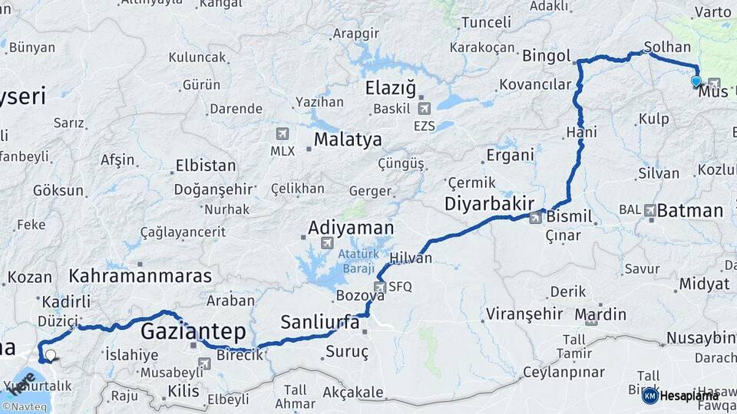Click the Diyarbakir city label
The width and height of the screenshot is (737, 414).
(489, 204)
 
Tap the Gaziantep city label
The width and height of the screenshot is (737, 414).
(193, 332)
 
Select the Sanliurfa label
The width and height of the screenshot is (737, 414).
(320, 322)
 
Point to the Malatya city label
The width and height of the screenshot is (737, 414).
(348, 140)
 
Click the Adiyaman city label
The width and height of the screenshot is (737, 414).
(351, 228)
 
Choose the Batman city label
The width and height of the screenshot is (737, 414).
(690, 211)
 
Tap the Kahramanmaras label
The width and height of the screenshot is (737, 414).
(140, 276)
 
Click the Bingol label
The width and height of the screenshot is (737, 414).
(546, 56)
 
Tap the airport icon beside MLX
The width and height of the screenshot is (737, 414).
(283, 133)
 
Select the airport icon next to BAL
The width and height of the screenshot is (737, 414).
(651, 209)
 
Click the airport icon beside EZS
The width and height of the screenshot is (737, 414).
(423, 108)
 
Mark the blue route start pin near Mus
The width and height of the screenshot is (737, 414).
(696, 80)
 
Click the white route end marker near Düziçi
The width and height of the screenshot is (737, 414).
(51, 355)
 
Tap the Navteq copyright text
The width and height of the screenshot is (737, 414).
(25, 407)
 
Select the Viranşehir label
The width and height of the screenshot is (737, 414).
(514, 314)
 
